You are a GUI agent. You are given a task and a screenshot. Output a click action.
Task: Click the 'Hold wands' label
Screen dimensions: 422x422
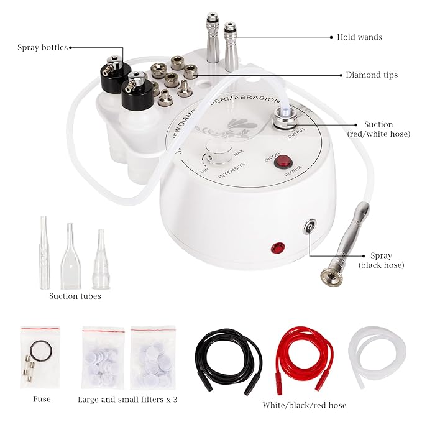359,37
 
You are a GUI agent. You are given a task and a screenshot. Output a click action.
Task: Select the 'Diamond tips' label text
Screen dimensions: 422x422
372,75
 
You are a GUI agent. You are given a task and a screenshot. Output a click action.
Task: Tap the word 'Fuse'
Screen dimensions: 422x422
41,398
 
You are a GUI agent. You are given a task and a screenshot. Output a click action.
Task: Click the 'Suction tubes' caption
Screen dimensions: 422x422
75,296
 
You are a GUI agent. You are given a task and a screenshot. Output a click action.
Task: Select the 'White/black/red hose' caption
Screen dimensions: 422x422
305,405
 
